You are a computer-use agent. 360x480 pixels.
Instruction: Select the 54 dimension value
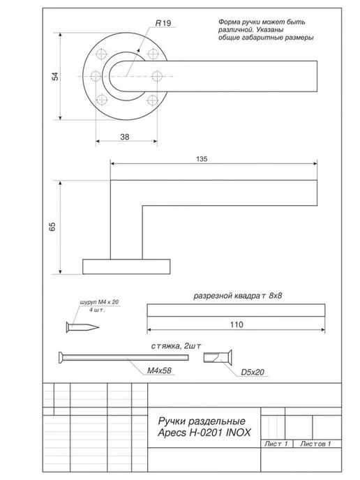(55, 76)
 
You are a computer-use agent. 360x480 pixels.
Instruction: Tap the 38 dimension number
(125, 137)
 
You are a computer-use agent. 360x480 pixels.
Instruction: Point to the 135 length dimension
(202, 159)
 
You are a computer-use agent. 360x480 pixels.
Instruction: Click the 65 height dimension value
(52, 227)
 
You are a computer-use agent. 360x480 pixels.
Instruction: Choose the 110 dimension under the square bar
(237, 324)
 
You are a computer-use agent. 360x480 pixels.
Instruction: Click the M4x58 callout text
(159, 370)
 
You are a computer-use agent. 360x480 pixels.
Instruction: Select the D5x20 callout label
(253, 373)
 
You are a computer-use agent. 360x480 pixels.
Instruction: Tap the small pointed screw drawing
(82, 327)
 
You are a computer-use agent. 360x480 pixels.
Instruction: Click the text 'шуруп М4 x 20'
(99, 302)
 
